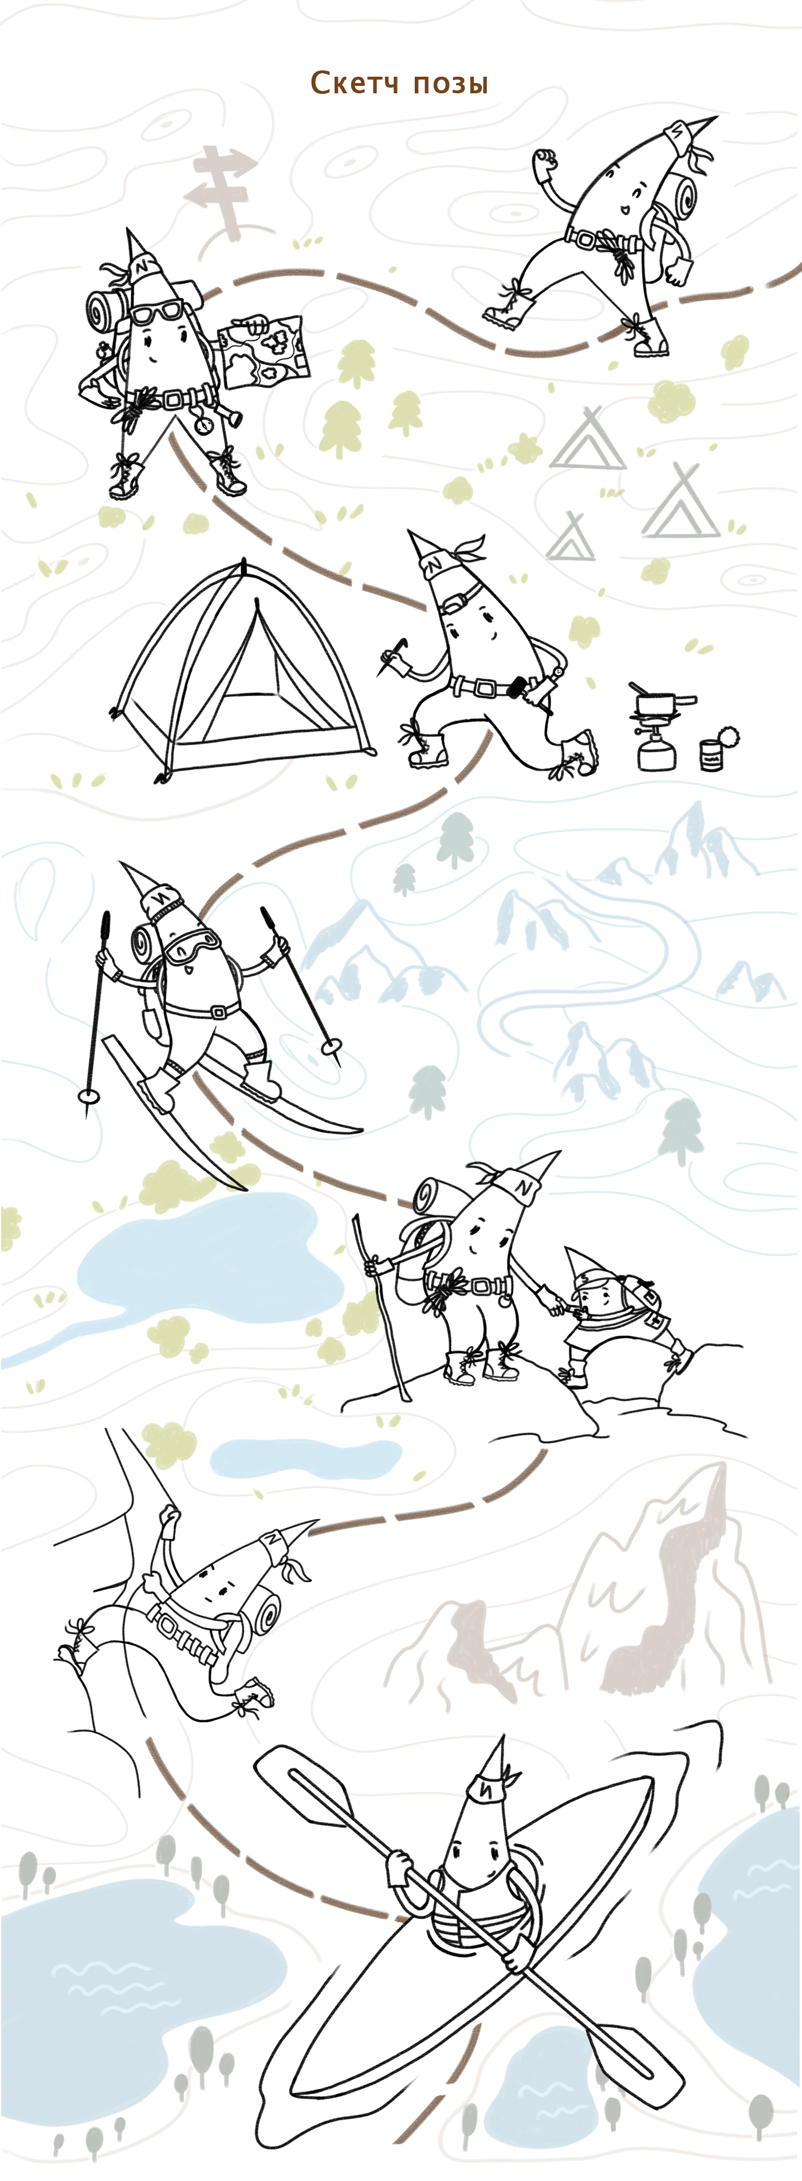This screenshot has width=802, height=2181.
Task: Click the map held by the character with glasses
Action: [x=265, y=350]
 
